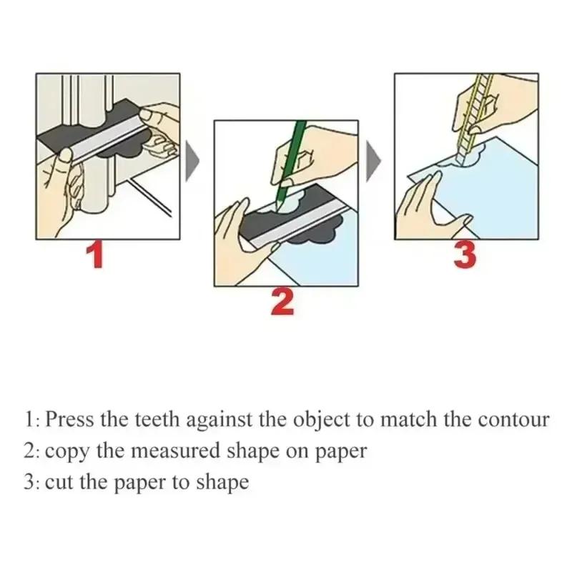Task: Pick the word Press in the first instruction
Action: (69, 420)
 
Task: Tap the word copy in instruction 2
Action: (66, 451)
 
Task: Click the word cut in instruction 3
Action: (59, 483)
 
